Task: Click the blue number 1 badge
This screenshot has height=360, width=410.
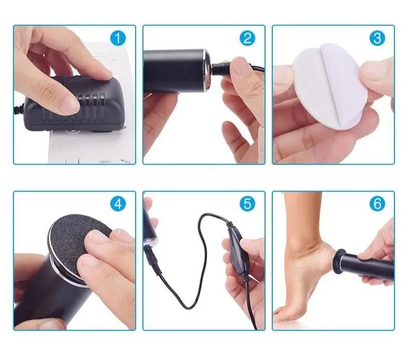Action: (119, 38)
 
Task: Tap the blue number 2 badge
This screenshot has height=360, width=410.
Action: (247, 38)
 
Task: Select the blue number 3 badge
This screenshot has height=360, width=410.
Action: (377, 38)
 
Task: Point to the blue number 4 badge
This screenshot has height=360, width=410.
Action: (119, 204)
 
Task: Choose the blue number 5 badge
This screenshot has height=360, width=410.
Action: (247, 204)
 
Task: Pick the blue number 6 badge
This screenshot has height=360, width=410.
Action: (377, 204)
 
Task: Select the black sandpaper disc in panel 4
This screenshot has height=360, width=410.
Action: (78, 238)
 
